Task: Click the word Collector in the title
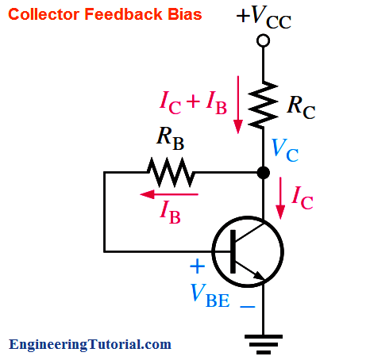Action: point(44,14)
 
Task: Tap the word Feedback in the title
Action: point(123,14)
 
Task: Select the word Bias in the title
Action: point(185,14)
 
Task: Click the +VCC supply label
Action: point(264,17)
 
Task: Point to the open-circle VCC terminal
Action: point(263,40)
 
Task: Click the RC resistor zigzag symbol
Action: point(263,105)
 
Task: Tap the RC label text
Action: point(301,107)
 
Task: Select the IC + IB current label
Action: point(193,102)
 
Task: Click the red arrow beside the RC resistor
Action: point(238,105)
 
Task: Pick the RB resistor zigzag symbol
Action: point(172,172)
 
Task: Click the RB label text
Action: point(170,139)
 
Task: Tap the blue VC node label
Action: point(285,150)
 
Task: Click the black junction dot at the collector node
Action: point(264,173)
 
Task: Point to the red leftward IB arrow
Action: point(169,194)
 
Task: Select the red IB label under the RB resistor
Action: point(170,213)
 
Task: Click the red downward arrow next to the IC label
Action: point(280,198)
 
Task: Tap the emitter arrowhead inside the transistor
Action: point(259,275)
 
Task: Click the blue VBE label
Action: point(210,296)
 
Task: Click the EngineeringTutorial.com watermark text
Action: point(90,344)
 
